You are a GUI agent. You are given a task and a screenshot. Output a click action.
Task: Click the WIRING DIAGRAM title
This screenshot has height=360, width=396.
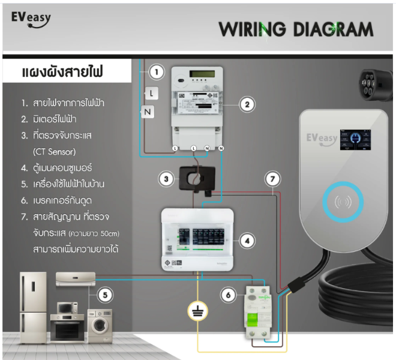[x=295, y=29]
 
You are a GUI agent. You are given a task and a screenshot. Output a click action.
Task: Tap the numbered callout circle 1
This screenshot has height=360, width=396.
[x=156, y=73]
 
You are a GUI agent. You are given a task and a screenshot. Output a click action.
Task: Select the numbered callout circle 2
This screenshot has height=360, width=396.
[x=246, y=104]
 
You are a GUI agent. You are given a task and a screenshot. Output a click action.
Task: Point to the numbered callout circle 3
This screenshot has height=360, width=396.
[x=167, y=178]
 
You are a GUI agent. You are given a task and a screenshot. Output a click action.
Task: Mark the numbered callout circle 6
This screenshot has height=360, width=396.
[x=227, y=295]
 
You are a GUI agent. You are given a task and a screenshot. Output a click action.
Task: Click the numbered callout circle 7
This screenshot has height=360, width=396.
[x=273, y=179]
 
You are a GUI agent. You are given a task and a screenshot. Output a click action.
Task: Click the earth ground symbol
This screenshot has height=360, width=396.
[x=196, y=311]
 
